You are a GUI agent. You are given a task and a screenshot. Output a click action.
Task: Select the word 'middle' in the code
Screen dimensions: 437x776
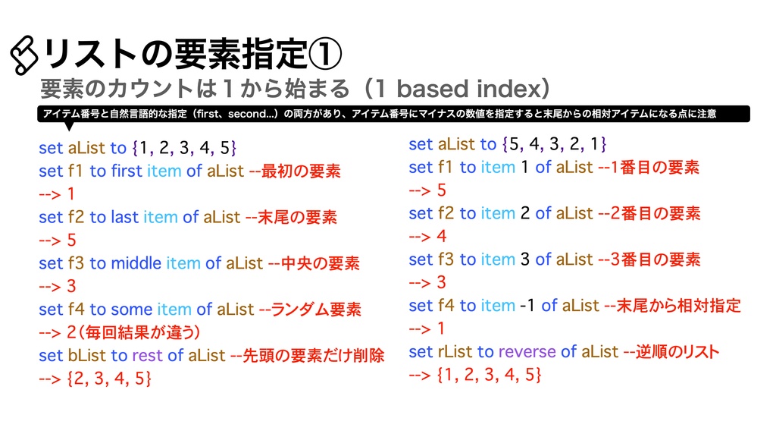pyautogui.click(x=136, y=263)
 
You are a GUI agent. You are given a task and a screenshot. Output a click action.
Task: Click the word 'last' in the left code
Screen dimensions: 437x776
pyautogui.click(x=124, y=217)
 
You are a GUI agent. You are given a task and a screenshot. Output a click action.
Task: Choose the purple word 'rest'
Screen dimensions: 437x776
pyautogui.click(x=147, y=355)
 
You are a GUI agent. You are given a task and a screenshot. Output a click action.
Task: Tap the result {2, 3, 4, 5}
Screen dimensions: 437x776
pyautogui.click(x=109, y=378)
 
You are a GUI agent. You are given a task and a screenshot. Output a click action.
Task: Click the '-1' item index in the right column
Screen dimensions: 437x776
pyautogui.click(x=528, y=305)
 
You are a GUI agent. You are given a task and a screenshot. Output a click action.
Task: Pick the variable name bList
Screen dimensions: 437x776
pyautogui.click(x=86, y=355)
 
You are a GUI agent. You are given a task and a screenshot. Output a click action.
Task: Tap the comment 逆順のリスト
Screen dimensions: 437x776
pyautogui.click(x=679, y=351)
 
